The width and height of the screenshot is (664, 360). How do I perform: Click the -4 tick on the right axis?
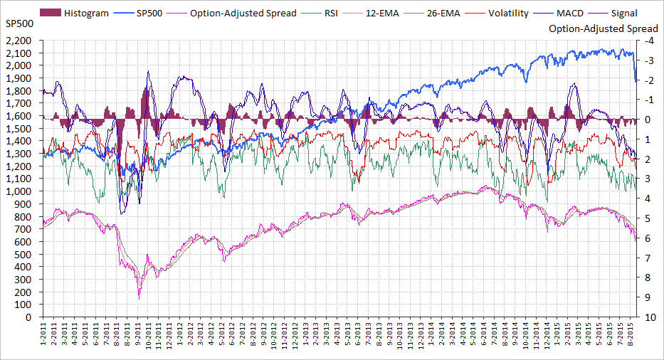[648, 41]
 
